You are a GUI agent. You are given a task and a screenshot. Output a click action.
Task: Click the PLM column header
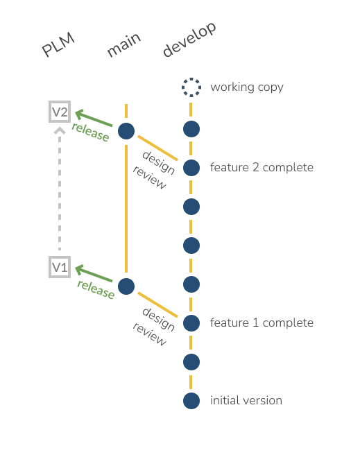pos(58,44)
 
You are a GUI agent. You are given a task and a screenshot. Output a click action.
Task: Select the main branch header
pos(123,44)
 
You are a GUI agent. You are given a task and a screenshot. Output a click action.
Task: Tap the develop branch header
pos(189,40)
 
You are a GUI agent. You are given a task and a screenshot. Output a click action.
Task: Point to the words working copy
pos(247,87)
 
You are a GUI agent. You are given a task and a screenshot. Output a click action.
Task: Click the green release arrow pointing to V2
pos(94,118)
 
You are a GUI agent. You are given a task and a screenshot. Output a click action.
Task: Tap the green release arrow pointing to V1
pos(94,273)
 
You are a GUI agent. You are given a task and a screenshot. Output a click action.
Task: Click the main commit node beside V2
pos(126,131)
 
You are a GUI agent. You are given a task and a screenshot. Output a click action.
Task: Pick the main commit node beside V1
pos(126,286)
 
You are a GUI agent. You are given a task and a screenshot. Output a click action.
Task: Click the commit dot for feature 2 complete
pos(191,168)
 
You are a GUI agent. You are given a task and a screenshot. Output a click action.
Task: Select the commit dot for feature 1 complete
pos(191,323)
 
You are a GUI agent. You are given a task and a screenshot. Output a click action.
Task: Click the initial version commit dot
pos(191,401)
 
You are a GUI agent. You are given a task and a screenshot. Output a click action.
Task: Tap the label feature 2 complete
pos(262,167)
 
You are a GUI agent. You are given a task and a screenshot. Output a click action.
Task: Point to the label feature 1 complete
pos(262,322)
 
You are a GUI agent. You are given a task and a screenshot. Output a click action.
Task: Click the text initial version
pos(246,401)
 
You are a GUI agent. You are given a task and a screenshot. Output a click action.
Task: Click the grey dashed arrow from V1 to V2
pos(60,189)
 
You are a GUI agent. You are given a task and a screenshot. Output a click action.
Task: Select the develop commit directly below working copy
pos(191,129)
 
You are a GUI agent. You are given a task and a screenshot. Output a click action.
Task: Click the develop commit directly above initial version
pos(191,362)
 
